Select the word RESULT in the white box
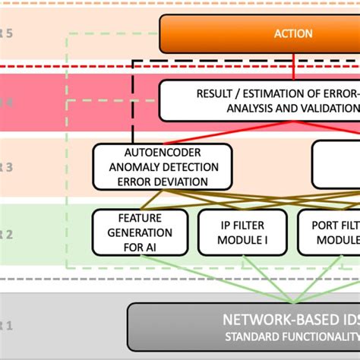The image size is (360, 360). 216,93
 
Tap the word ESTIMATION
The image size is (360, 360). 278,93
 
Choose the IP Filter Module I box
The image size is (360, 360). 242,232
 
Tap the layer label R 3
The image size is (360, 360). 6,169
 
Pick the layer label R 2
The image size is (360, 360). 6,234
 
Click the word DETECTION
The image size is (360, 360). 190,166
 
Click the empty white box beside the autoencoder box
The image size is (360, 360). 336,164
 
